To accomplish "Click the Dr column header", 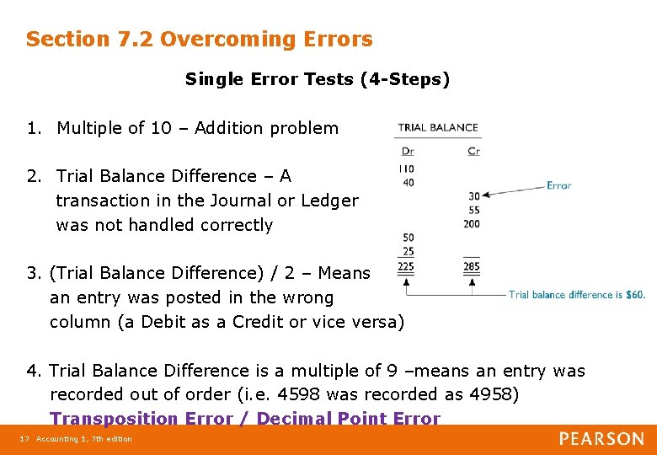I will point(408,152).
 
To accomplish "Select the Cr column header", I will point(473,152).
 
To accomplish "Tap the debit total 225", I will point(406,267).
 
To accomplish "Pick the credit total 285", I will point(472,267).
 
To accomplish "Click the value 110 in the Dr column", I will point(406,169).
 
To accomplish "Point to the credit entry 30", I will point(473,196).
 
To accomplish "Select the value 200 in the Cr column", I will point(472,223).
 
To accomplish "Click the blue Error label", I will point(558,185).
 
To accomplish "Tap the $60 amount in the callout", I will point(634,295).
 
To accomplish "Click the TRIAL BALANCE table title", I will point(437,128).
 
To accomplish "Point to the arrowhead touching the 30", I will point(486,195).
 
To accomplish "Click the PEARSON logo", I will point(601,439).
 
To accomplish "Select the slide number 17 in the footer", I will point(24,439).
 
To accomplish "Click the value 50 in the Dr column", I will point(408,238).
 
